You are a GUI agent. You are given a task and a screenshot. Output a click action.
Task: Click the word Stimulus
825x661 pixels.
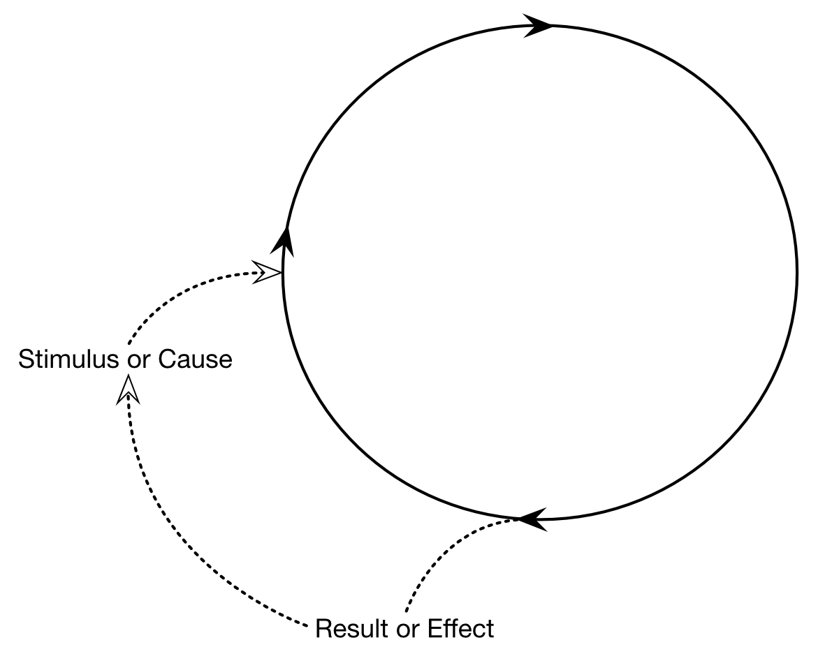[x=67, y=360]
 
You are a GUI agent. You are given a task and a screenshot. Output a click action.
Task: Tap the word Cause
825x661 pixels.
[x=195, y=360]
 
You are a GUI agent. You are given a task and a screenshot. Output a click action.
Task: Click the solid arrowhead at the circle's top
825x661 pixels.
[x=538, y=26]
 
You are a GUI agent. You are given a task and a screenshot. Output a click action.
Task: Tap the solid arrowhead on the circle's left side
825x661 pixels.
[x=282, y=241]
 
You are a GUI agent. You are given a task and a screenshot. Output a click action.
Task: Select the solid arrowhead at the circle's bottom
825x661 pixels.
[x=533, y=519]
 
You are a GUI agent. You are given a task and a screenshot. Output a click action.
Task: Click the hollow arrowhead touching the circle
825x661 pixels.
[x=268, y=272]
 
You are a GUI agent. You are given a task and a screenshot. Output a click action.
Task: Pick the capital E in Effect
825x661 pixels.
[x=433, y=629]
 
